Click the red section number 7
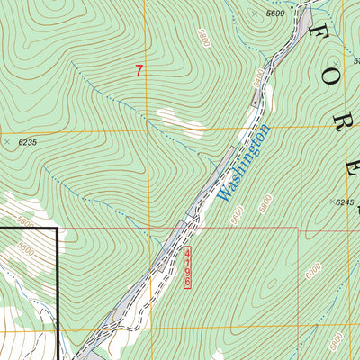tap(139, 71)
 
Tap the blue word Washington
tap(244, 163)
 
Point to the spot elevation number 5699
tap(274, 13)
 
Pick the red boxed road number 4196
tap(187, 268)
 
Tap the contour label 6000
tap(311, 271)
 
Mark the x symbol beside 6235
tap(7, 142)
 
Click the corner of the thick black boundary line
tap(58, 229)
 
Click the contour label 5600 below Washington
tap(236, 215)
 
